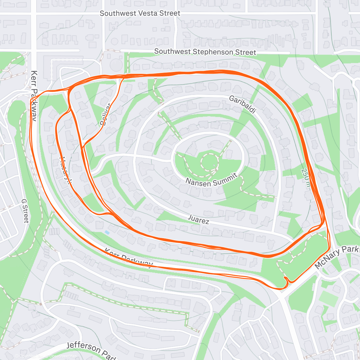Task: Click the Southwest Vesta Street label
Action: point(140,13)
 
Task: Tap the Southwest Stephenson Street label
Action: point(205,52)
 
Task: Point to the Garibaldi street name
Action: point(242,104)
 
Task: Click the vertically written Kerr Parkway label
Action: point(34,96)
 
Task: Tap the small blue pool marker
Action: point(107,232)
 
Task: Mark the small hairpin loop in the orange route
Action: point(286,280)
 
